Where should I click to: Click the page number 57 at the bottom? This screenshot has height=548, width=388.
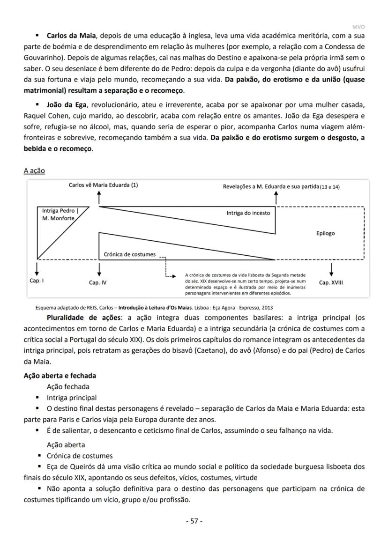(x=194, y=521)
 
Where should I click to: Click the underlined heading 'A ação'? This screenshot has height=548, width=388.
(x=34, y=171)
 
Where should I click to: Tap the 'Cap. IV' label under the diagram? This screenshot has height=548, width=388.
(x=98, y=282)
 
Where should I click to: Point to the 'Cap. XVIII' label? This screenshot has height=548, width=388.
(x=331, y=282)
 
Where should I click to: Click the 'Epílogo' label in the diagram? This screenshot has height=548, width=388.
(x=325, y=233)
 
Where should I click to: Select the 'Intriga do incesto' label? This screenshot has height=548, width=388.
(x=248, y=213)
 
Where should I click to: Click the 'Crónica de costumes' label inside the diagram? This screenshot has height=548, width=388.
(x=130, y=254)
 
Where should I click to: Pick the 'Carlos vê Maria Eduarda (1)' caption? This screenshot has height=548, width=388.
(x=103, y=185)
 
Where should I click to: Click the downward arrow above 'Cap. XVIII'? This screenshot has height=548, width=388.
(x=331, y=269)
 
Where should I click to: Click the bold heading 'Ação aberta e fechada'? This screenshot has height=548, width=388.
(x=60, y=376)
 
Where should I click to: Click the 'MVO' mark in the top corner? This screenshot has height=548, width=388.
(x=358, y=27)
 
